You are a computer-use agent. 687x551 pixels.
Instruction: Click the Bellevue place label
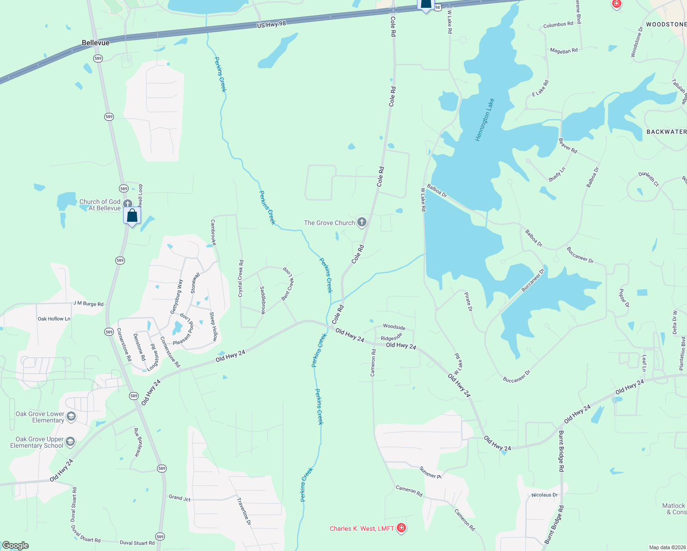(x=96, y=43)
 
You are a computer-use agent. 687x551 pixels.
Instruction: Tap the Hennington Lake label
(x=485, y=119)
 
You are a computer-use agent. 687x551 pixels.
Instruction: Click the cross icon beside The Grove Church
(x=362, y=223)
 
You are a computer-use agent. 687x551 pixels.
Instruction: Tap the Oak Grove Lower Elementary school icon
(x=71, y=416)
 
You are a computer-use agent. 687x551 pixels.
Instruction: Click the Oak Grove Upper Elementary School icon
(x=70, y=442)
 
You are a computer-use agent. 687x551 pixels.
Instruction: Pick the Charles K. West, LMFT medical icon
(x=401, y=528)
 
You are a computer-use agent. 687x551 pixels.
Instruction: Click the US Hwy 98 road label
(x=271, y=24)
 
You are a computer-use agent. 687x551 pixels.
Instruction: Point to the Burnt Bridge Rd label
(x=561, y=451)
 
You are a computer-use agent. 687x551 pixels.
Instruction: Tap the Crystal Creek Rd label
(x=241, y=278)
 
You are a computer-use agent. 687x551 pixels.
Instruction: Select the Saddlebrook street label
(x=263, y=300)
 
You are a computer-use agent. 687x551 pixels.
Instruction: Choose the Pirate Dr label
(x=468, y=302)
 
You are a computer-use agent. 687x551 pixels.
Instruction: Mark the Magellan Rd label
(x=563, y=51)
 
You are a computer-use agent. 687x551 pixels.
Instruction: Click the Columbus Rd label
(x=558, y=24)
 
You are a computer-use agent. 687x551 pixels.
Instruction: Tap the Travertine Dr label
(x=244, y=511)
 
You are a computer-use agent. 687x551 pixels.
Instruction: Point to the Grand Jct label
(x=180, y=498)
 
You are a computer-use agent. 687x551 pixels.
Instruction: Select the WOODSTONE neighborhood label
(x=666, y=24)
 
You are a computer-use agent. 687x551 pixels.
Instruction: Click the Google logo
(x=15, y=545)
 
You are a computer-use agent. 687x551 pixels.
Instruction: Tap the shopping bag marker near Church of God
(x=132, y=216)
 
